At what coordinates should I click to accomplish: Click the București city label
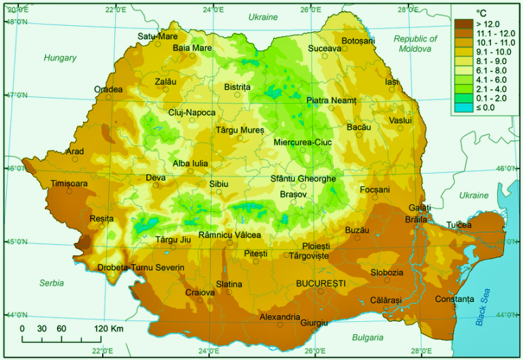click(x=321, y=282)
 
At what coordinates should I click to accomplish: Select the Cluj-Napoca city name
click(x=192, y=112)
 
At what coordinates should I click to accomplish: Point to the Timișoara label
click(x=69, y=184)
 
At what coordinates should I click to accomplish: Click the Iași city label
click(x=391, y=82)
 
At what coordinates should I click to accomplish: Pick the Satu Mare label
click(x=157, y=36)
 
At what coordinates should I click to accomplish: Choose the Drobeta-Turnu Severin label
click(x=141, y=267)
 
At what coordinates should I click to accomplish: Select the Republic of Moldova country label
click(x=415, y=44)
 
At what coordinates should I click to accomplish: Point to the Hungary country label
click(x=61, y=58)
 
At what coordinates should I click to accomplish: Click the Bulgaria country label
click(x=368, y=337)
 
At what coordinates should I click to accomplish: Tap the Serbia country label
click(x=51, y=282)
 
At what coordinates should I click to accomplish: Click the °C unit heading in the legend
click(x=481, y=12)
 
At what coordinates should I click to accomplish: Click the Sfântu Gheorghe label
click(x=303, y=178)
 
